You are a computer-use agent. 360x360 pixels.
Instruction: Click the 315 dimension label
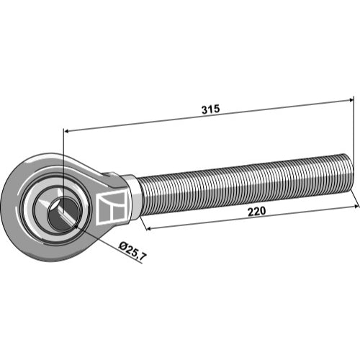coord(210,109)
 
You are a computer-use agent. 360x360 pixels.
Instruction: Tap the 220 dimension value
coord(256,212)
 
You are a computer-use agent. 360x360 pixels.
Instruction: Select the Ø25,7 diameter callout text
coord(132,251)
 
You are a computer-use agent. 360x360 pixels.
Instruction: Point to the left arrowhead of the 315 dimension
coord(67,131)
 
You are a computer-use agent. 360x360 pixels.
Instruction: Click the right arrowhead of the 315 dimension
coord(350,100)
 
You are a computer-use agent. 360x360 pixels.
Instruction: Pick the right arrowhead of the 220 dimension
coord(356,206)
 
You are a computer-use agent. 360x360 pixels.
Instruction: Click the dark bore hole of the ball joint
coord(63,214)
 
